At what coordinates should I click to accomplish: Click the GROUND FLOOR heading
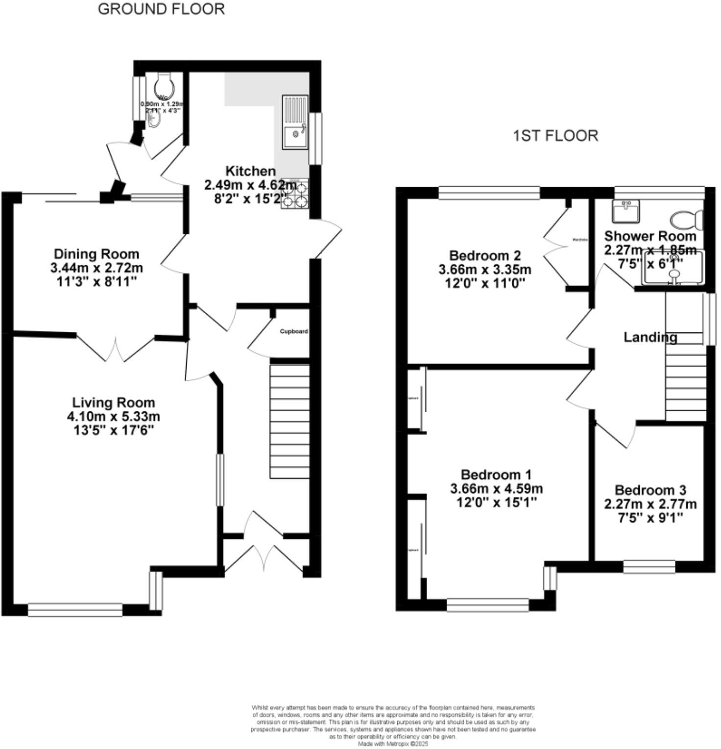161,9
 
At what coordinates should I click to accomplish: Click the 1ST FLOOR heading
555,135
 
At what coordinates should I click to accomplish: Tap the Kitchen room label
250,171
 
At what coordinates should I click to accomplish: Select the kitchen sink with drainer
295,122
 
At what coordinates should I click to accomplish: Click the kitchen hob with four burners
295,194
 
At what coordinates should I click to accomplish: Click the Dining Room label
96,254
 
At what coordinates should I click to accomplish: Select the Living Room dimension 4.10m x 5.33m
113,417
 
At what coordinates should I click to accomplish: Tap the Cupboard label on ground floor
293,331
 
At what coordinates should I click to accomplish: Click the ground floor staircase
289,421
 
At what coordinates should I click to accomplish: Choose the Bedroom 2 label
484,255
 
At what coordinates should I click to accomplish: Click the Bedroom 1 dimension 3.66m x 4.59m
496,489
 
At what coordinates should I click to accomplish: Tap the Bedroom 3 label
650,490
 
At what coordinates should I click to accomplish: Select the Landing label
650,337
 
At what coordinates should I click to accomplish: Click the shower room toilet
687,220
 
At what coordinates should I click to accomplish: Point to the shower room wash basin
625,211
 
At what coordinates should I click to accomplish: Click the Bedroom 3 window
649,567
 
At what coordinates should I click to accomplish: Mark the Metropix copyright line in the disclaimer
393,744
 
